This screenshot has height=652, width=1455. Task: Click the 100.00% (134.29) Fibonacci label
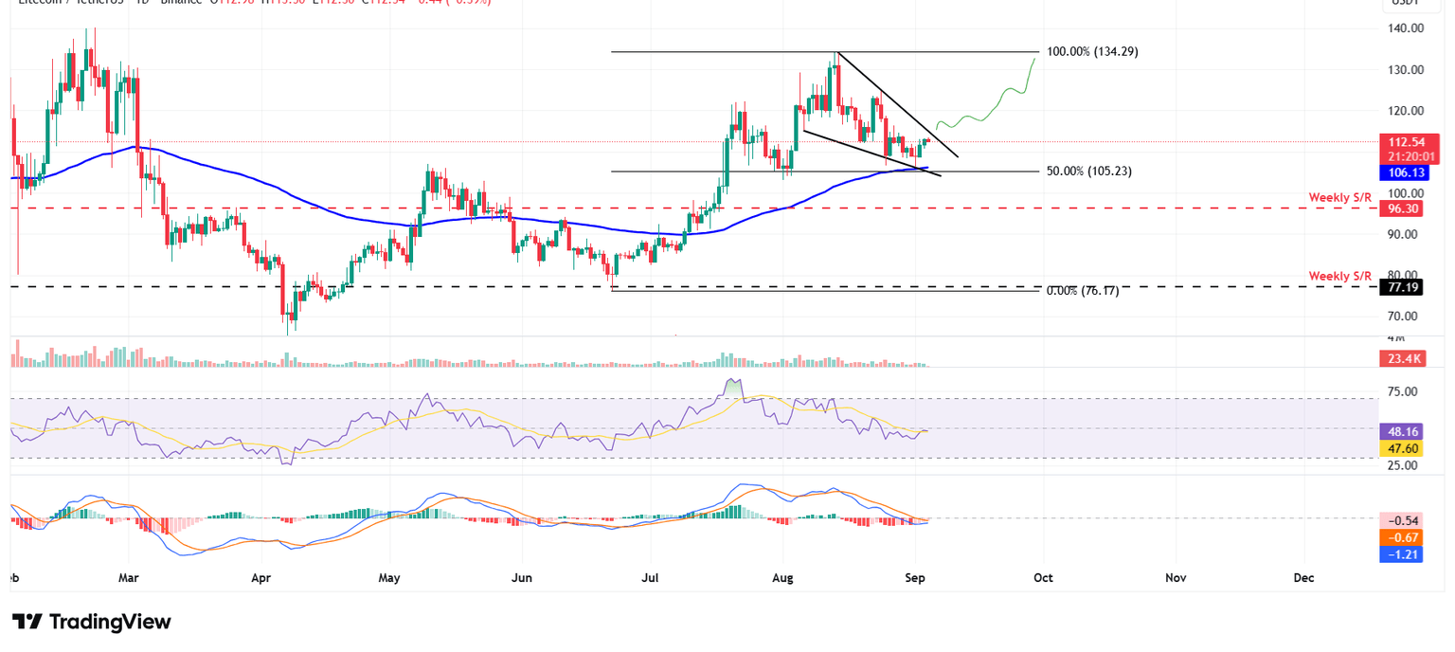(x=1092, y=52)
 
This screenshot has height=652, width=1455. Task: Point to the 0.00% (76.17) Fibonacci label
(x=1082, y=291)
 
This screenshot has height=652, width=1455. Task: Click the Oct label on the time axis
(x=1043, y=577)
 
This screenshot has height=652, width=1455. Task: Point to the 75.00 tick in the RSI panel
(x=1403, y=391)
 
